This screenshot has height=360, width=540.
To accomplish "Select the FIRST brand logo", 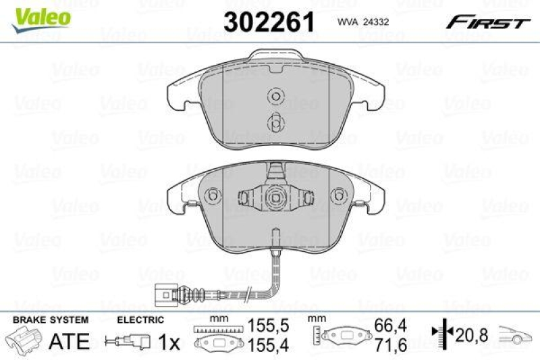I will click(x=487, y=22).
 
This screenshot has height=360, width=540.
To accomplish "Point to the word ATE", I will click(x=70, y=342).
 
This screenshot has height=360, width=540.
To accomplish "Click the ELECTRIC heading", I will click(x=140, y=319).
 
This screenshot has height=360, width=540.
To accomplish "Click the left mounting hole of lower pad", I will click(x=213, y=196).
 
